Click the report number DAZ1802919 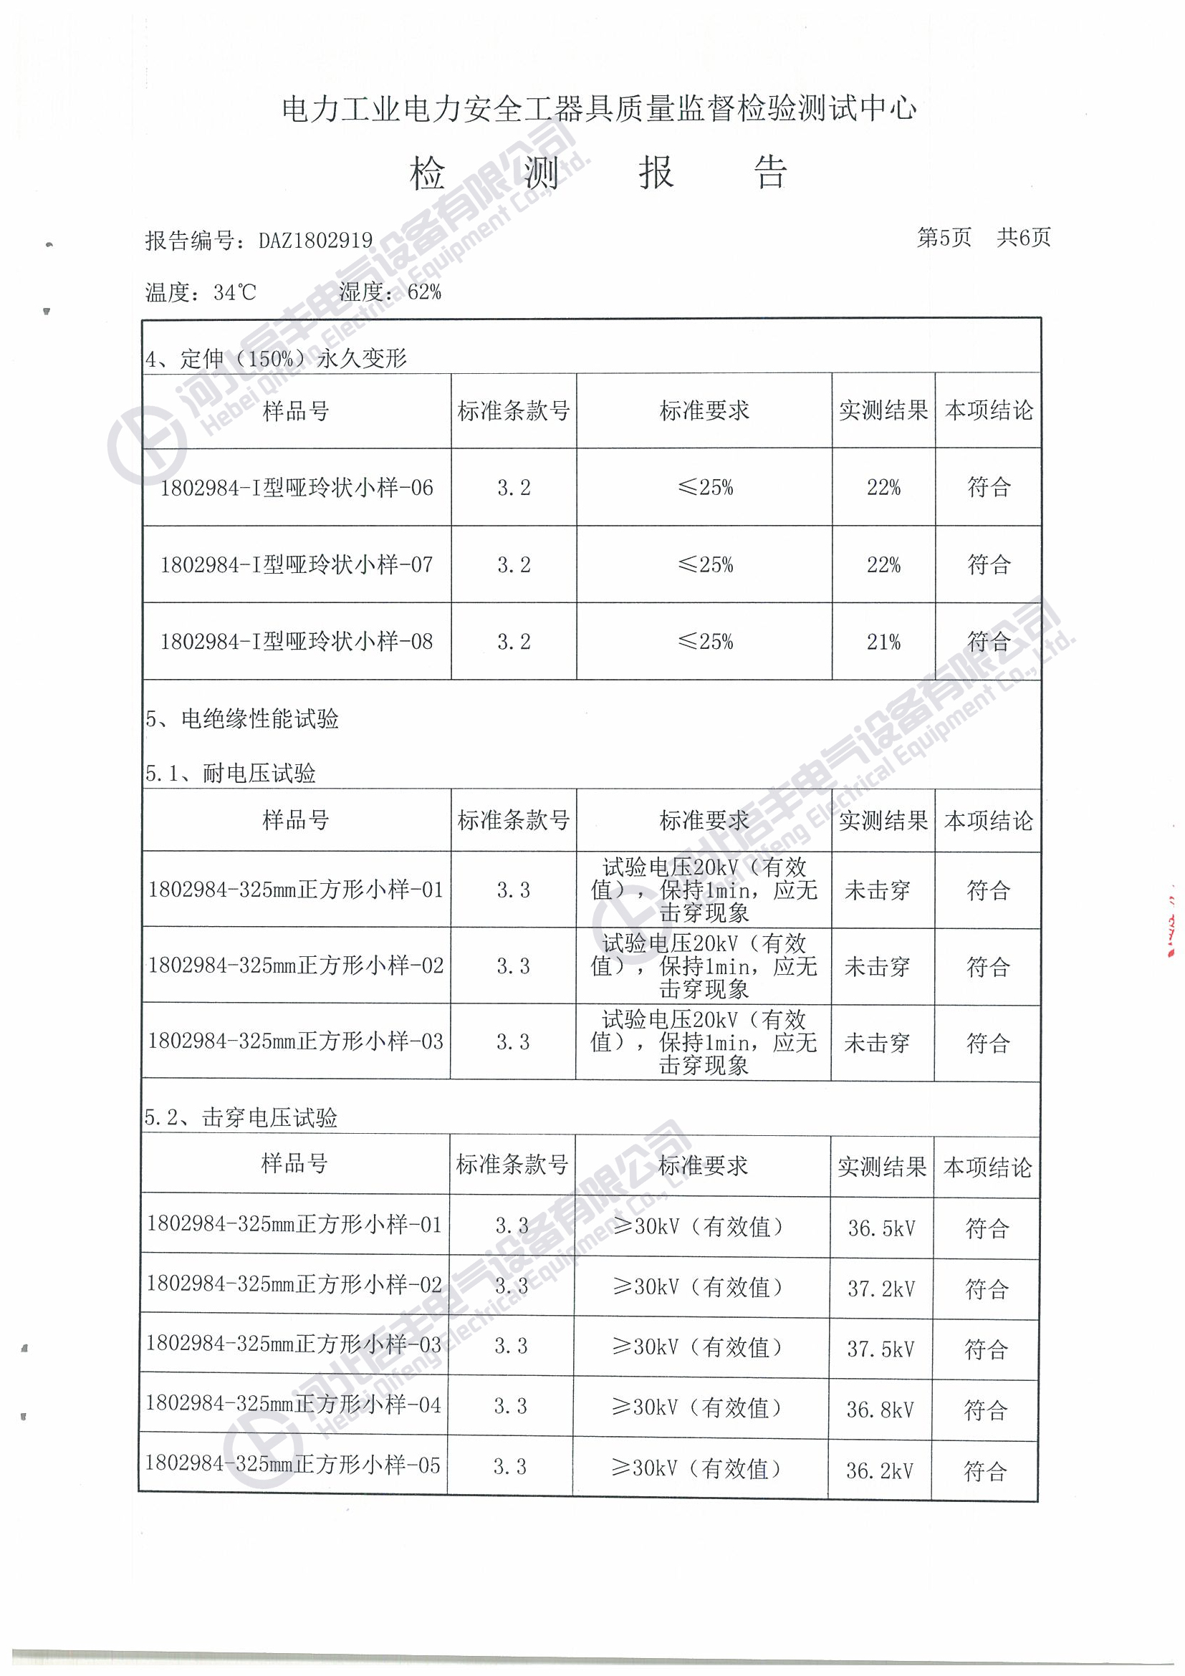315,240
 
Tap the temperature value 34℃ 235,293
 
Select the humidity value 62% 424,292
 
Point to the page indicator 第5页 944,237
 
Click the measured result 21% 883,642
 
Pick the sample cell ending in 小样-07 297,564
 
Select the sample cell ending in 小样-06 297,488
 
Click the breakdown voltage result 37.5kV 881,1349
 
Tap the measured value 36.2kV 880,1470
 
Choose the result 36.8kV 880,1410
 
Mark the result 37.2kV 881,1289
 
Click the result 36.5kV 881,1228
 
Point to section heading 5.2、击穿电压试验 240,1117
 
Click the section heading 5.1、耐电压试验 230,773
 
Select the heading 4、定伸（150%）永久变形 275,358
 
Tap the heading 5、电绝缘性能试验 241,719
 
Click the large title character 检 427,174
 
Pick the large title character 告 770,174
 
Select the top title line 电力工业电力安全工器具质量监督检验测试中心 599,109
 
